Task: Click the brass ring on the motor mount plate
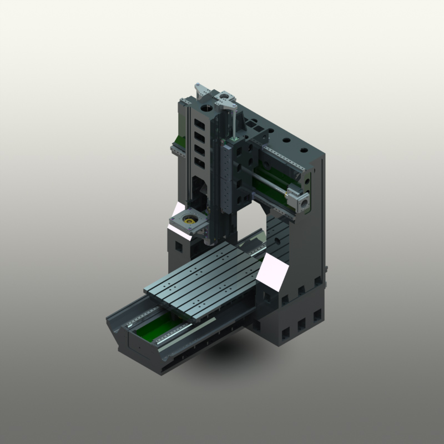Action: [189, 223]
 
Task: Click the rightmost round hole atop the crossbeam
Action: [304, 150]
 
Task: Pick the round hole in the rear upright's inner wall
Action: [275, 241]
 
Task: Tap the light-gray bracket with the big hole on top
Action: [224, 100]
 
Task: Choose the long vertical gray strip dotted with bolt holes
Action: [226, 178]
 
